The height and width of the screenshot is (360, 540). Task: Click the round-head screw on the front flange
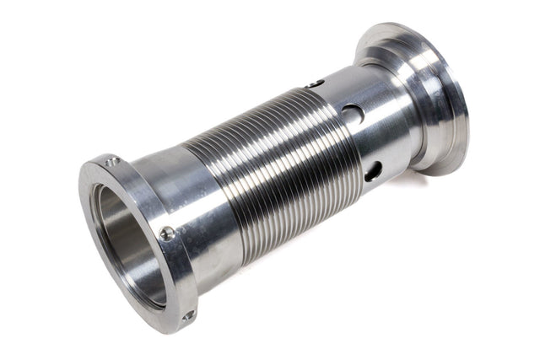168,234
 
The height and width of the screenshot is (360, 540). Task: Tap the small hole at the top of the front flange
113,161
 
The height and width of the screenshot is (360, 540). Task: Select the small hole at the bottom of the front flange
188,314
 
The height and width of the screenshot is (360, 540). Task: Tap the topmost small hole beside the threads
315,83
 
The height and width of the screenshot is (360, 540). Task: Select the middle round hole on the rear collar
353,113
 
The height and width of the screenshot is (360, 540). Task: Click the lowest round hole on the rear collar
373,169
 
